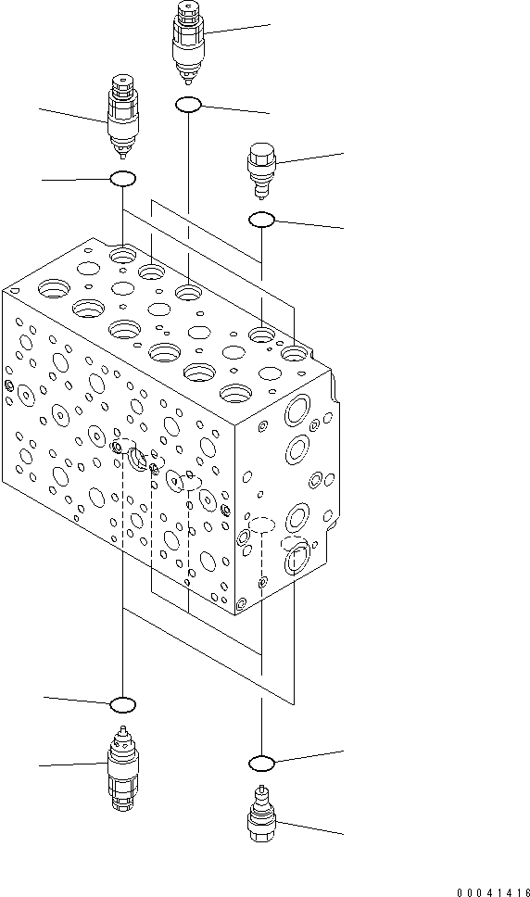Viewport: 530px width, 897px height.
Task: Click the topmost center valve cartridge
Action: click(x=188, y=40)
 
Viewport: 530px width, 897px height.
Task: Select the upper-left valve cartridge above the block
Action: click(x=122, y=116)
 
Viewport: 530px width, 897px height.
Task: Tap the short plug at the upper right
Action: click(x=259, y=169)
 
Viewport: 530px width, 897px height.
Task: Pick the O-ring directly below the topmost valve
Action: click(x=188, y=106)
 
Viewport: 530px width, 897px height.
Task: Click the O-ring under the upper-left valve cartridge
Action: click(x=123, y=179)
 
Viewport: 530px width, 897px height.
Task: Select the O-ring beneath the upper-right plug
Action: click(x=261, y=220)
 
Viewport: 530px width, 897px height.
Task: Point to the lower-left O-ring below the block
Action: click(x=123, y=705)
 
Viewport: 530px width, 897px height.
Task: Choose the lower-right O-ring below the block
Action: click(x=262, y=763)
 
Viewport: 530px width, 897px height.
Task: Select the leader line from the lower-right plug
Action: click(x=309, y=828)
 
